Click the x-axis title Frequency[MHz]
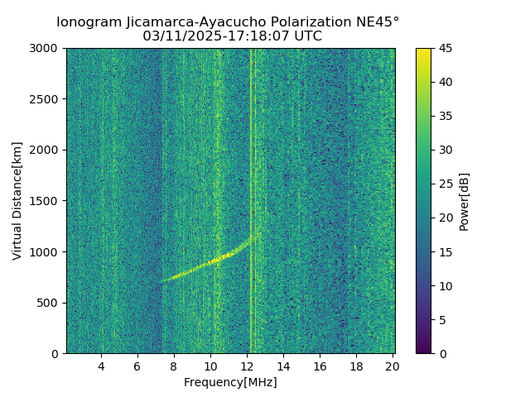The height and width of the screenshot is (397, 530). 230,382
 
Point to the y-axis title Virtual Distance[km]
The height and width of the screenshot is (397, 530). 17,201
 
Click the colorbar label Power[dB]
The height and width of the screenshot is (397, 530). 465,201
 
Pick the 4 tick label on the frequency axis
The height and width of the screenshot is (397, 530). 101,366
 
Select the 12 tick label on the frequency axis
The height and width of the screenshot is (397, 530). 247,366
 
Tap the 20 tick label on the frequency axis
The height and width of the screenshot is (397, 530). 393,366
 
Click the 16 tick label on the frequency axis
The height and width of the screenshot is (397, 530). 320,366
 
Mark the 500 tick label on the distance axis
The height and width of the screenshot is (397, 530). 48,303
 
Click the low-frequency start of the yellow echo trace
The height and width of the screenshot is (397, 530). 162,280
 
